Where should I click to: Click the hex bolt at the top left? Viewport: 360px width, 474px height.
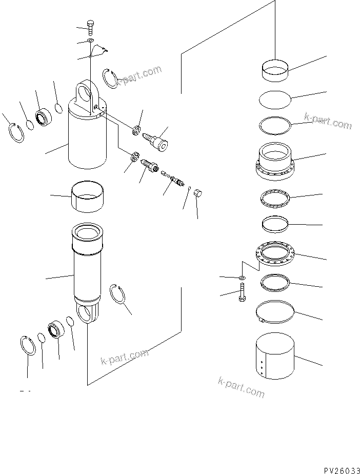point(90,28)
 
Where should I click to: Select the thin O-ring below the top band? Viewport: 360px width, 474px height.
point(275,99)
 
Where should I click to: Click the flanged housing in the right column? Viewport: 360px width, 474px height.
point(275,162)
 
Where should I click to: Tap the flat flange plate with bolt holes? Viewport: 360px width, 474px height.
point(275,253)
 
